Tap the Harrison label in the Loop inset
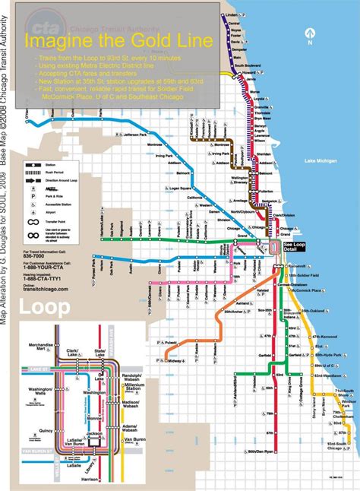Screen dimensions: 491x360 coord(90,479)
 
